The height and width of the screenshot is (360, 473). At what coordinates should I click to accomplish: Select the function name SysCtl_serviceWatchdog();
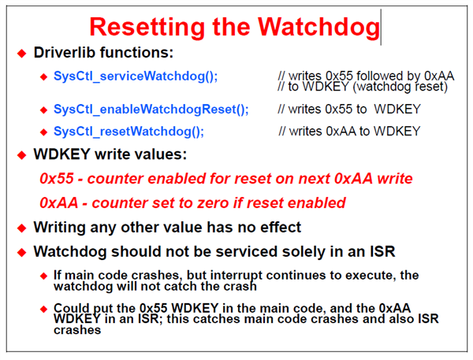[x=136, y=76]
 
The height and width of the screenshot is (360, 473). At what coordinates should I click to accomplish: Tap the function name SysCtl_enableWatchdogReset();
[x=151, y=109]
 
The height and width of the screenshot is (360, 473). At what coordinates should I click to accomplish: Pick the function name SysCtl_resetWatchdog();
[x=128, y=131]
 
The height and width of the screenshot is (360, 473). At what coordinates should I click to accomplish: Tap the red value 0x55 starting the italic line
[x=58, y=179]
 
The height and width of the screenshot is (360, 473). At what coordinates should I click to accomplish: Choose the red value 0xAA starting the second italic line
[x=58, y=202]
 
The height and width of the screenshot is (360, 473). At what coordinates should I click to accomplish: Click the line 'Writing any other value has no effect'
[x=167, y=228]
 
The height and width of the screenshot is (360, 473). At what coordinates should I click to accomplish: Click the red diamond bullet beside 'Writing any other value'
[x=22, y=228]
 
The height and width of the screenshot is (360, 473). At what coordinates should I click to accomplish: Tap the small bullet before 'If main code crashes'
[x=44, y=276]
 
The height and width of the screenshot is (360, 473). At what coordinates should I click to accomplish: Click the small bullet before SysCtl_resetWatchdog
[x=44, y=131]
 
